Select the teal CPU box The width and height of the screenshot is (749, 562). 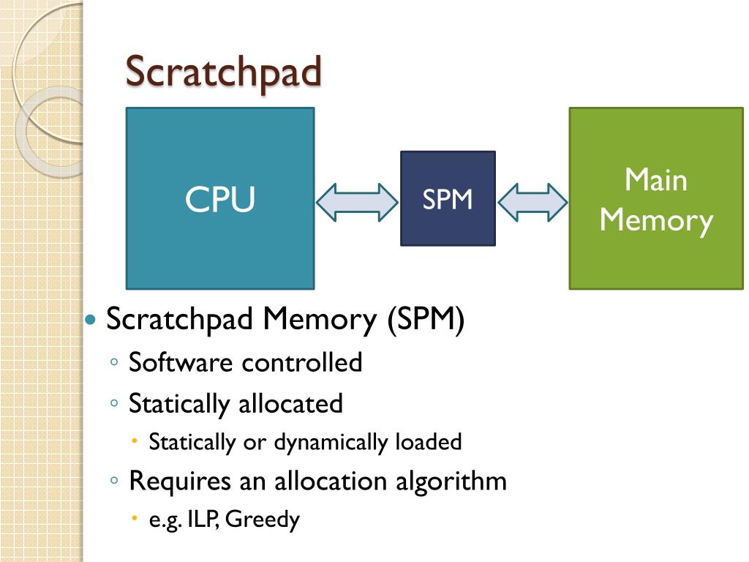(x=220, y=198)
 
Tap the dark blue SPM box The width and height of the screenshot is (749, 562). (x=448, y=198)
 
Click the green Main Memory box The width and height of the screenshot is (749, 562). (x=656, y=198)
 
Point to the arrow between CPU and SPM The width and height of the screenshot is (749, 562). (x=358, y=201)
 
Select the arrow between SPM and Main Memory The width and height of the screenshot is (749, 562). (x=532, y=201)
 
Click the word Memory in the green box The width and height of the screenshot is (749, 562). (x=656, y=220)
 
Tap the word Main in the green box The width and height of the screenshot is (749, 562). (x=656, y=179)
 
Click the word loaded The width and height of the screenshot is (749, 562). (x=428, y=442)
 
